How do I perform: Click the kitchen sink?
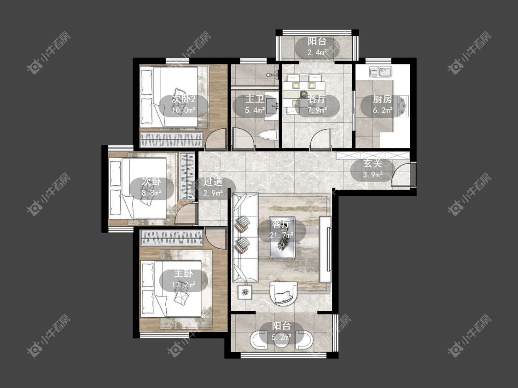coord(381,72)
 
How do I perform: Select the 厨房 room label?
coord(383,99)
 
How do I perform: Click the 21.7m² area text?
coord(282,235)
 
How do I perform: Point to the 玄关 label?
coord(373,163)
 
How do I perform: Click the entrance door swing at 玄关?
coord(401,175)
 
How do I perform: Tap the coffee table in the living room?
coord(281,237)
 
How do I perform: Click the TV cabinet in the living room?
coord(325,249)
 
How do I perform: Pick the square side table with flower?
coord(244,292)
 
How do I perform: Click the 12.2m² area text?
coord(184,285)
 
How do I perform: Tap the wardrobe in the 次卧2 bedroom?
coord(171,140)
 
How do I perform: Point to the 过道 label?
coord(213,182)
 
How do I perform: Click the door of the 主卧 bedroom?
coord(215,238)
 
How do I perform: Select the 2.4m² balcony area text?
coord(317,52)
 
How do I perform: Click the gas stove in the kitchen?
coord(403,105)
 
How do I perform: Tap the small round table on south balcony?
coord(281,341)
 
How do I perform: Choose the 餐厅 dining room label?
coord(317,99)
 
